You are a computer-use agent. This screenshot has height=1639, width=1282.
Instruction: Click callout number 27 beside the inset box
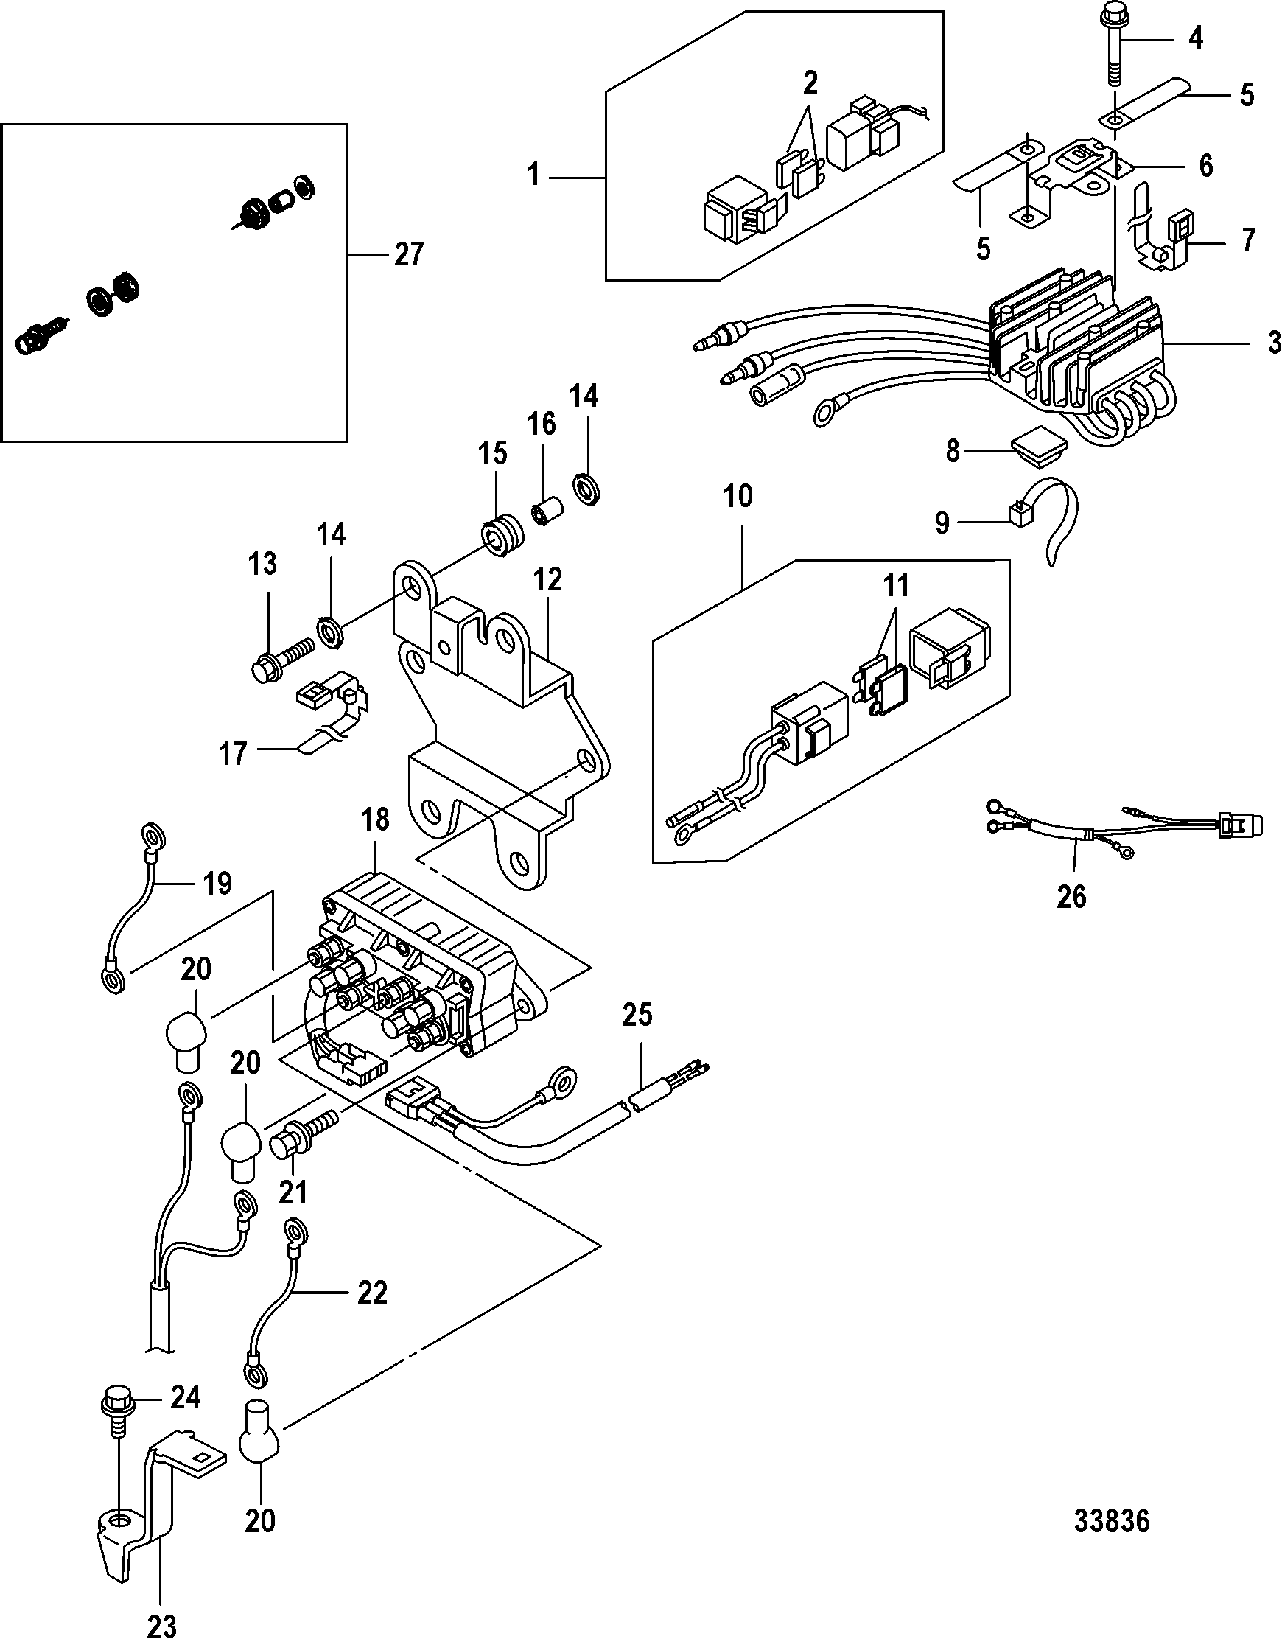(x=409, y=254)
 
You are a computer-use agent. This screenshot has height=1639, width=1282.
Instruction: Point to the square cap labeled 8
(x=1039, y=451)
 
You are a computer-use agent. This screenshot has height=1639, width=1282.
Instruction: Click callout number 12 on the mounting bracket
(x=548, y=579)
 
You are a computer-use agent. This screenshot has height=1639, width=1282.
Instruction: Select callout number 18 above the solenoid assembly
(x=375, y=820)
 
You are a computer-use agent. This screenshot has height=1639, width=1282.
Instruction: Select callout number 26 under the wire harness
(x=1071, y=895)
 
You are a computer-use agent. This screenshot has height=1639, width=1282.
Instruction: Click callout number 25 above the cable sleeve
(x=637, y=1015)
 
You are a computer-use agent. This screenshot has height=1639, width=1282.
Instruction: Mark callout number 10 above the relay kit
(x=738, y=496)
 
